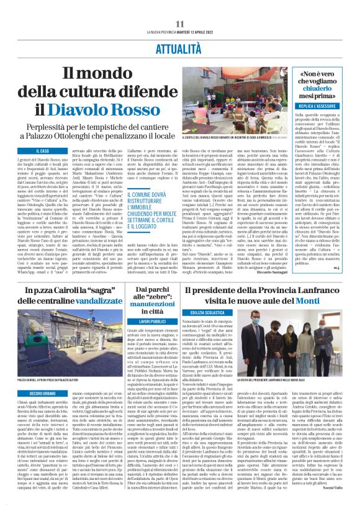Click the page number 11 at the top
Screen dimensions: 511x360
coord(180,24)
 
